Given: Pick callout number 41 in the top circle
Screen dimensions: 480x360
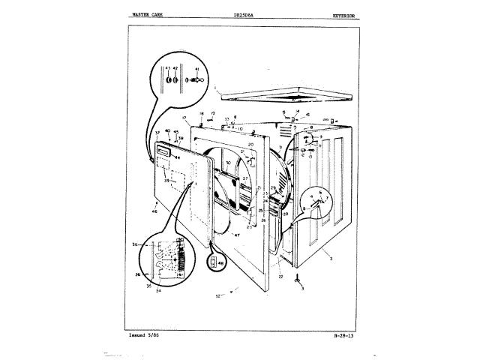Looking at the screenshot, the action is tap(196, 69).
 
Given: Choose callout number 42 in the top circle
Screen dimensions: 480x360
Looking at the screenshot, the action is tap(175, 69).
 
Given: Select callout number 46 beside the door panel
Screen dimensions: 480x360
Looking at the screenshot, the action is tap(154, 212).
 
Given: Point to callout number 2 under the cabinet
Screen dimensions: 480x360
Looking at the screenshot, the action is tap(331, 257).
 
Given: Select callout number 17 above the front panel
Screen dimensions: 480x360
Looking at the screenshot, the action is tap(184, 118).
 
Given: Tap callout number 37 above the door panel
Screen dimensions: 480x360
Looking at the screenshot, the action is tap(157, 133).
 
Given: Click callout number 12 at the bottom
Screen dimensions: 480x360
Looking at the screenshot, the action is tap(218, 296).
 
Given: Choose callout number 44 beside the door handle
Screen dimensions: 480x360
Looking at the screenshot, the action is tap(178, 158).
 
